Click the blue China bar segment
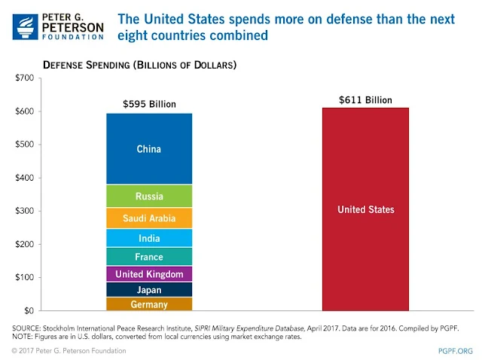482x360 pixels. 149,149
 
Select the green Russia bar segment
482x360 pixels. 149,196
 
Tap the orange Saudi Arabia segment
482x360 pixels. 149,218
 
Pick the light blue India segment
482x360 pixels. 149,239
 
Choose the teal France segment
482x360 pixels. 149,257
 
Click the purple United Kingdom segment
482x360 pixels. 149,274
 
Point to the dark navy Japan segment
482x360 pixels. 149,290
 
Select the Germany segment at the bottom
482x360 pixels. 149,304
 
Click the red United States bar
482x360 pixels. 365,209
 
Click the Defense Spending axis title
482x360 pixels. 139,66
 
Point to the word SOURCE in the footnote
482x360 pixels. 26,328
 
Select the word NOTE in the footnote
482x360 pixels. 23,337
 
